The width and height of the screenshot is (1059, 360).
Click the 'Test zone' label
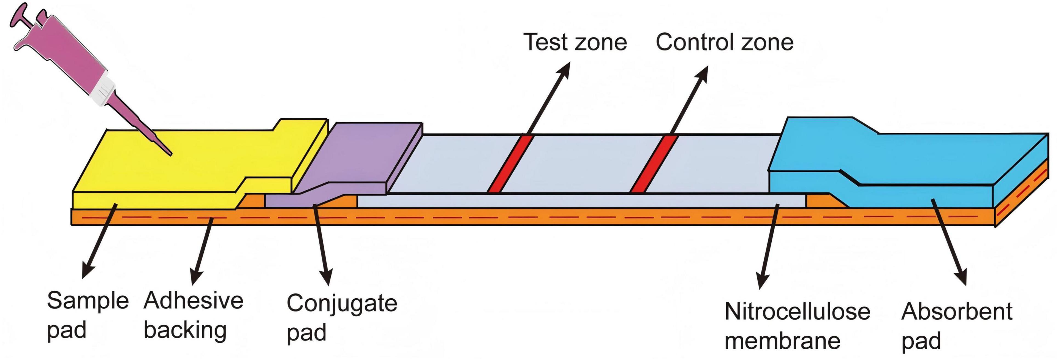575,42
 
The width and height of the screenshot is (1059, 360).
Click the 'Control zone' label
724,42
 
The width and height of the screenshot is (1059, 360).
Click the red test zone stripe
510,164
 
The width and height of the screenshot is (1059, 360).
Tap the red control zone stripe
654,164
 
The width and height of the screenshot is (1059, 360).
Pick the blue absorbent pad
904,160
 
